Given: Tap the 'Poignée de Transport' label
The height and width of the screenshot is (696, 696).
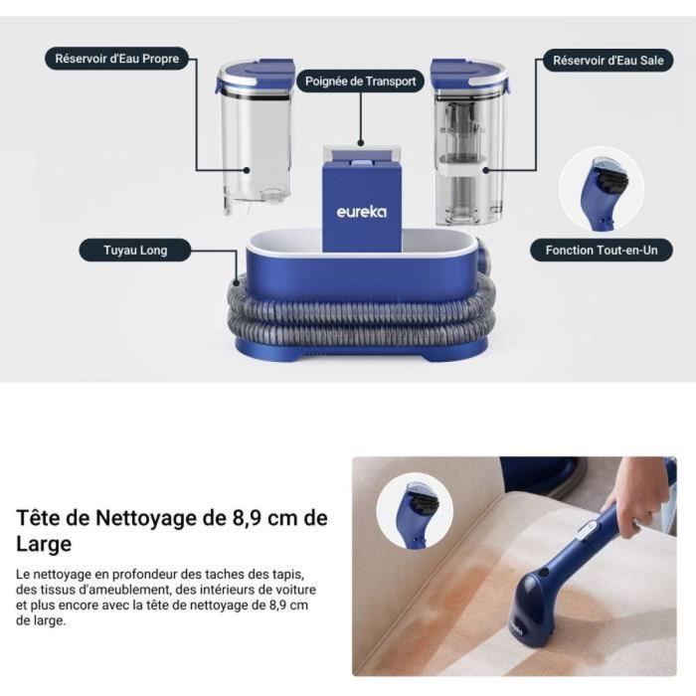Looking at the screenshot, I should click(x=360, y=83).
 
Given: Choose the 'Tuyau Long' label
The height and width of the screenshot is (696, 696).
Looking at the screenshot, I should click(x=135, y=250).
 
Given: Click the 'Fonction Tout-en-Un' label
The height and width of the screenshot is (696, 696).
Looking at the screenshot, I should click(x=602, y=250).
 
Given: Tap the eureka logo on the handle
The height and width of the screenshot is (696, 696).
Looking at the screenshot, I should click(x=361, y=211).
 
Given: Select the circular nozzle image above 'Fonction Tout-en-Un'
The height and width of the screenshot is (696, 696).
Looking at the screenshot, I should click(x=601, y=189).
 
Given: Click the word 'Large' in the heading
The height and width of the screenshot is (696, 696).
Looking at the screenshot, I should click(x=44, y=544).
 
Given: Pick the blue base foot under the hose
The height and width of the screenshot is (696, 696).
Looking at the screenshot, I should click(x=361, y=351).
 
